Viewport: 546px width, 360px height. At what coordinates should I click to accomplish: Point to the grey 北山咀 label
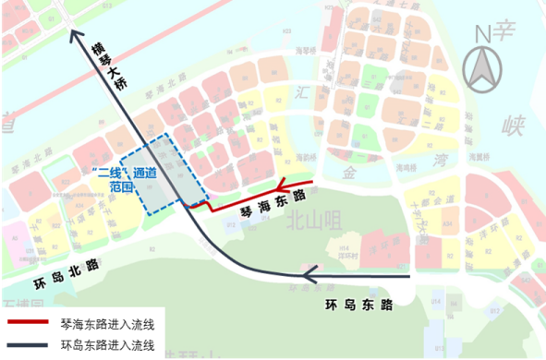[309, 221]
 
